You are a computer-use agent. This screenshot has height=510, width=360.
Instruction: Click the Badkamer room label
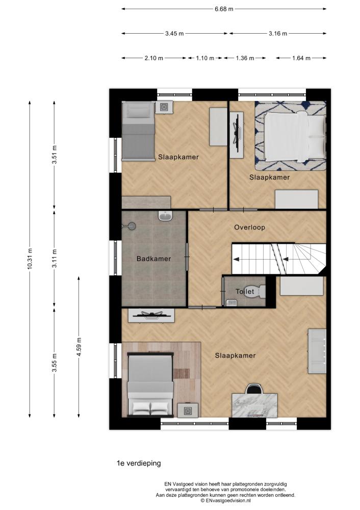click(x=153, y=259)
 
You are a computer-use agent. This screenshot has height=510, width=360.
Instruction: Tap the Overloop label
click(x=249, y=227)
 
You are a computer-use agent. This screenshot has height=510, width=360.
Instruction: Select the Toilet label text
click(x=245, y=291)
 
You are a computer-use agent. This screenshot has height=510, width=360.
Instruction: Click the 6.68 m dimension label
click(x=224, y=9)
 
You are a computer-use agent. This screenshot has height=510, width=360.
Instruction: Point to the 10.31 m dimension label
click(x=30, y=259)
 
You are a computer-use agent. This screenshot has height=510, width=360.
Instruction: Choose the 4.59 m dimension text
click(x=79, y=347)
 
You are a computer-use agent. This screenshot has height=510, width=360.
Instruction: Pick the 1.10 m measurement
click(x=205, y=58)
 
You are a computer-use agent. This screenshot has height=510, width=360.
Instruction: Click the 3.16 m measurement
click(x=278, y=34)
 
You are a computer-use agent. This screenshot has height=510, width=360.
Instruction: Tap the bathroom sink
click(x=166, y=216)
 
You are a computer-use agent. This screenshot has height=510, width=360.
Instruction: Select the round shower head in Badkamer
click(x=132, y=226)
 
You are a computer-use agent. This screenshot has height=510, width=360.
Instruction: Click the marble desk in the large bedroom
click(x=254, y=405)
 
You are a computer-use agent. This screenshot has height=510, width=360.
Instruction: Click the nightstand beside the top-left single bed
click(x=164, y=107)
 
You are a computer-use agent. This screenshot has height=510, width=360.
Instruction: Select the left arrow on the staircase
click(x=237, y=259)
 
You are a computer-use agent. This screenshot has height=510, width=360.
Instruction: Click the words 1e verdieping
click(x=139, y=463)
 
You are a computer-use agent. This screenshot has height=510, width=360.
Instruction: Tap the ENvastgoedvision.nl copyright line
click(x=226, y=501)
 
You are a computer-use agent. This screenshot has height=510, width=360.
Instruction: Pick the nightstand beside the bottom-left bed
click(x=188, y=410)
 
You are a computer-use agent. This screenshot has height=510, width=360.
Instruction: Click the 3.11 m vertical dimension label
click(x=55, y=259)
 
